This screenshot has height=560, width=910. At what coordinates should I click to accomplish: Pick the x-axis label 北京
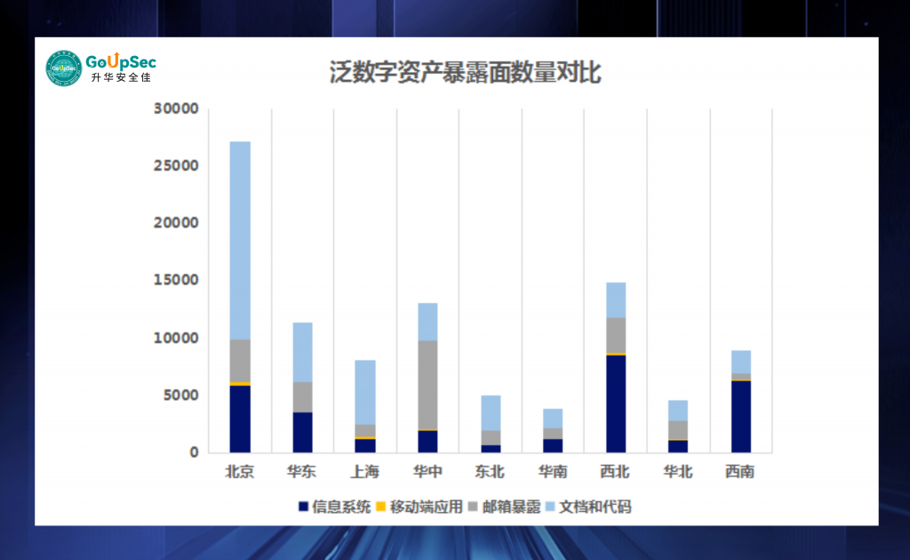[240, 471]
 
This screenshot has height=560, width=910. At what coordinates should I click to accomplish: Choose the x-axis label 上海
[364, 471]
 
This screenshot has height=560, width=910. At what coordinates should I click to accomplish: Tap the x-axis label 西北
[615, 471]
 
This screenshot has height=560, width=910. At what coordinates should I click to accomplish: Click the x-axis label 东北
[490, 471]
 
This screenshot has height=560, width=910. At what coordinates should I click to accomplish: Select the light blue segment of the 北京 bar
[240, 240]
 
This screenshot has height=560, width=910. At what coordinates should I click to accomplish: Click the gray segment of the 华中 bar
[427, 385]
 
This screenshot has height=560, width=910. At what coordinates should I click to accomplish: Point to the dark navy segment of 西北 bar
[615, 404]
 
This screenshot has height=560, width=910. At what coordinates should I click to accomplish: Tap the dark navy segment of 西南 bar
[740, 416]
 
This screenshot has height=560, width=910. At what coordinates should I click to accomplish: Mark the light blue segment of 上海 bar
[364, 392]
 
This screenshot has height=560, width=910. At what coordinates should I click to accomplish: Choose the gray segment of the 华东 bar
[302, 396]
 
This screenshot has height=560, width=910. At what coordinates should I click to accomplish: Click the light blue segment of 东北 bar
[490, 412]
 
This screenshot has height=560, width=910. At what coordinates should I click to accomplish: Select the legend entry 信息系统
[334, 507]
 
